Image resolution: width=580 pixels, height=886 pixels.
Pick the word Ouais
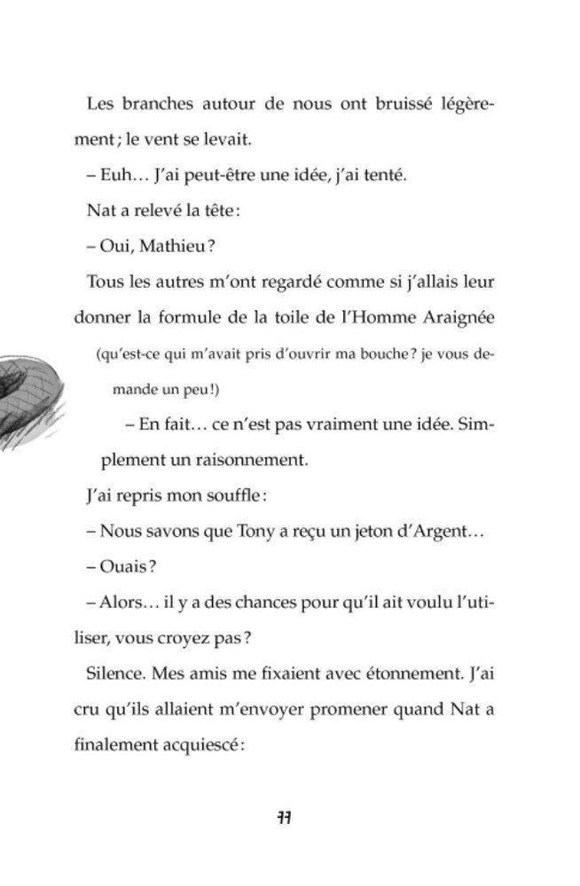click(x=123, y=567)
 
